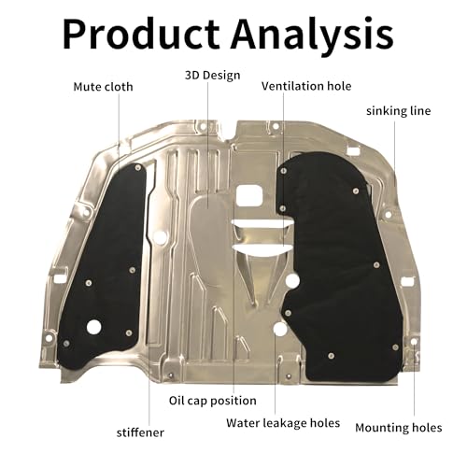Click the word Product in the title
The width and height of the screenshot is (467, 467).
coord(141,34)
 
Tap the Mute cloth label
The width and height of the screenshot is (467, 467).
coord(103,87)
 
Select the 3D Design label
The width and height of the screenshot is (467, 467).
coord(213,76)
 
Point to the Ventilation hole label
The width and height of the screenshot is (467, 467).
coord(306,86)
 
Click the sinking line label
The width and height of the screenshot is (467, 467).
coord(399,111)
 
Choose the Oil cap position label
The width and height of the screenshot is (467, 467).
coord(213,401)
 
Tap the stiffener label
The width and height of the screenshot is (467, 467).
coord(140,432)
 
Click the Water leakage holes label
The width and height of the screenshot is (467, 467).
coord(283,423)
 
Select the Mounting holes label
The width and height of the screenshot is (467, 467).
coord(399,428)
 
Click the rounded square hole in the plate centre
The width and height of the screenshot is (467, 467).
coord(248,196)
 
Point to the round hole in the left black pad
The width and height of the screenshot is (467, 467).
coord(93,327)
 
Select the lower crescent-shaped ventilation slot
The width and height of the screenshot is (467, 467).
coord(262,249)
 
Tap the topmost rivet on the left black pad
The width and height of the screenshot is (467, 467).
coord(138,168)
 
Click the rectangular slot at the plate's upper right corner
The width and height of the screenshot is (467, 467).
coord(353,150)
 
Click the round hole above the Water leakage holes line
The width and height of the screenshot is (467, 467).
coord(280,329)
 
